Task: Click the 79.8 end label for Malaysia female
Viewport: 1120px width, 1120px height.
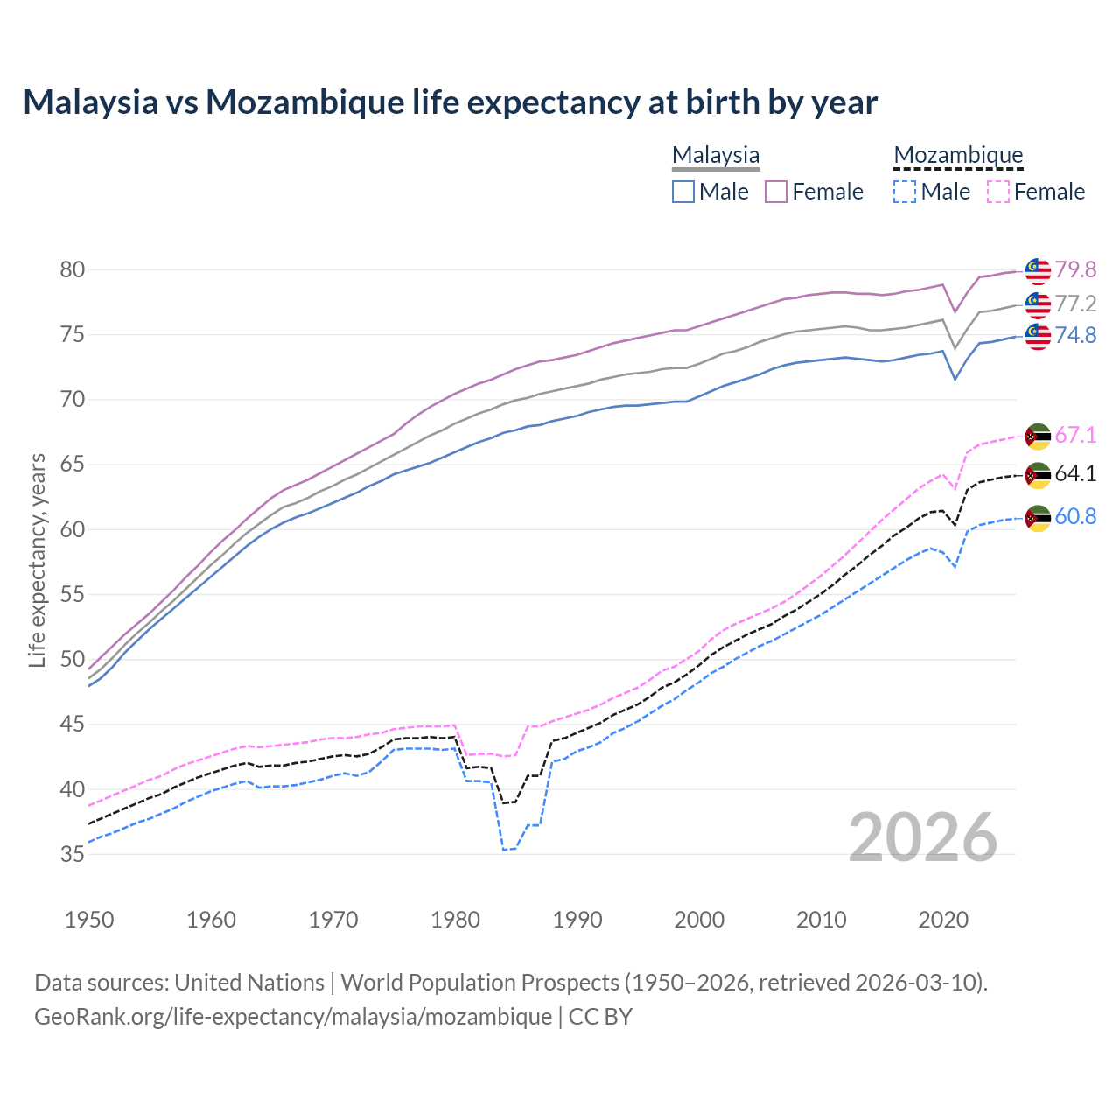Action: (1074, 270)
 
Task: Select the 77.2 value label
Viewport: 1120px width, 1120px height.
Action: (1074, 304)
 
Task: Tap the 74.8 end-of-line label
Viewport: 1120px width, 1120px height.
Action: (1074, 336)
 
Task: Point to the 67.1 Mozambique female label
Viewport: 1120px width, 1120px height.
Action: (1074, 435)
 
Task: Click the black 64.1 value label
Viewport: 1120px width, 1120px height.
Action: (1074, 474)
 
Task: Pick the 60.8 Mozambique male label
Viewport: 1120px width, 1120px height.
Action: (1074, 517)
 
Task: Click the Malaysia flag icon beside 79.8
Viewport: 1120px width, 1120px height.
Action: (1038, 271)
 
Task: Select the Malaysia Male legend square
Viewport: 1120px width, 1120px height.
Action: (683, 192)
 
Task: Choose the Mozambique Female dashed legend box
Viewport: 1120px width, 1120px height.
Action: (998, 192)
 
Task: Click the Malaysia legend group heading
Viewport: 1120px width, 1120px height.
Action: (716, 155)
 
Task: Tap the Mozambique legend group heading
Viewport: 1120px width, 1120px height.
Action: (958, 155)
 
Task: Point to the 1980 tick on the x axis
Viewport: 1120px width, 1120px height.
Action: (456, 920)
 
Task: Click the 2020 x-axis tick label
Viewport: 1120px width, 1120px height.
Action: (943, 920)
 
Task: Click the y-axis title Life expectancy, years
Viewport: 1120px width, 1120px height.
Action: (37, 560)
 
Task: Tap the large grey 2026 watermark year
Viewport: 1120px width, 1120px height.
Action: (922, 837)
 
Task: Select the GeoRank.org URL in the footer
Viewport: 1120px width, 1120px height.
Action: (293, 1017)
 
